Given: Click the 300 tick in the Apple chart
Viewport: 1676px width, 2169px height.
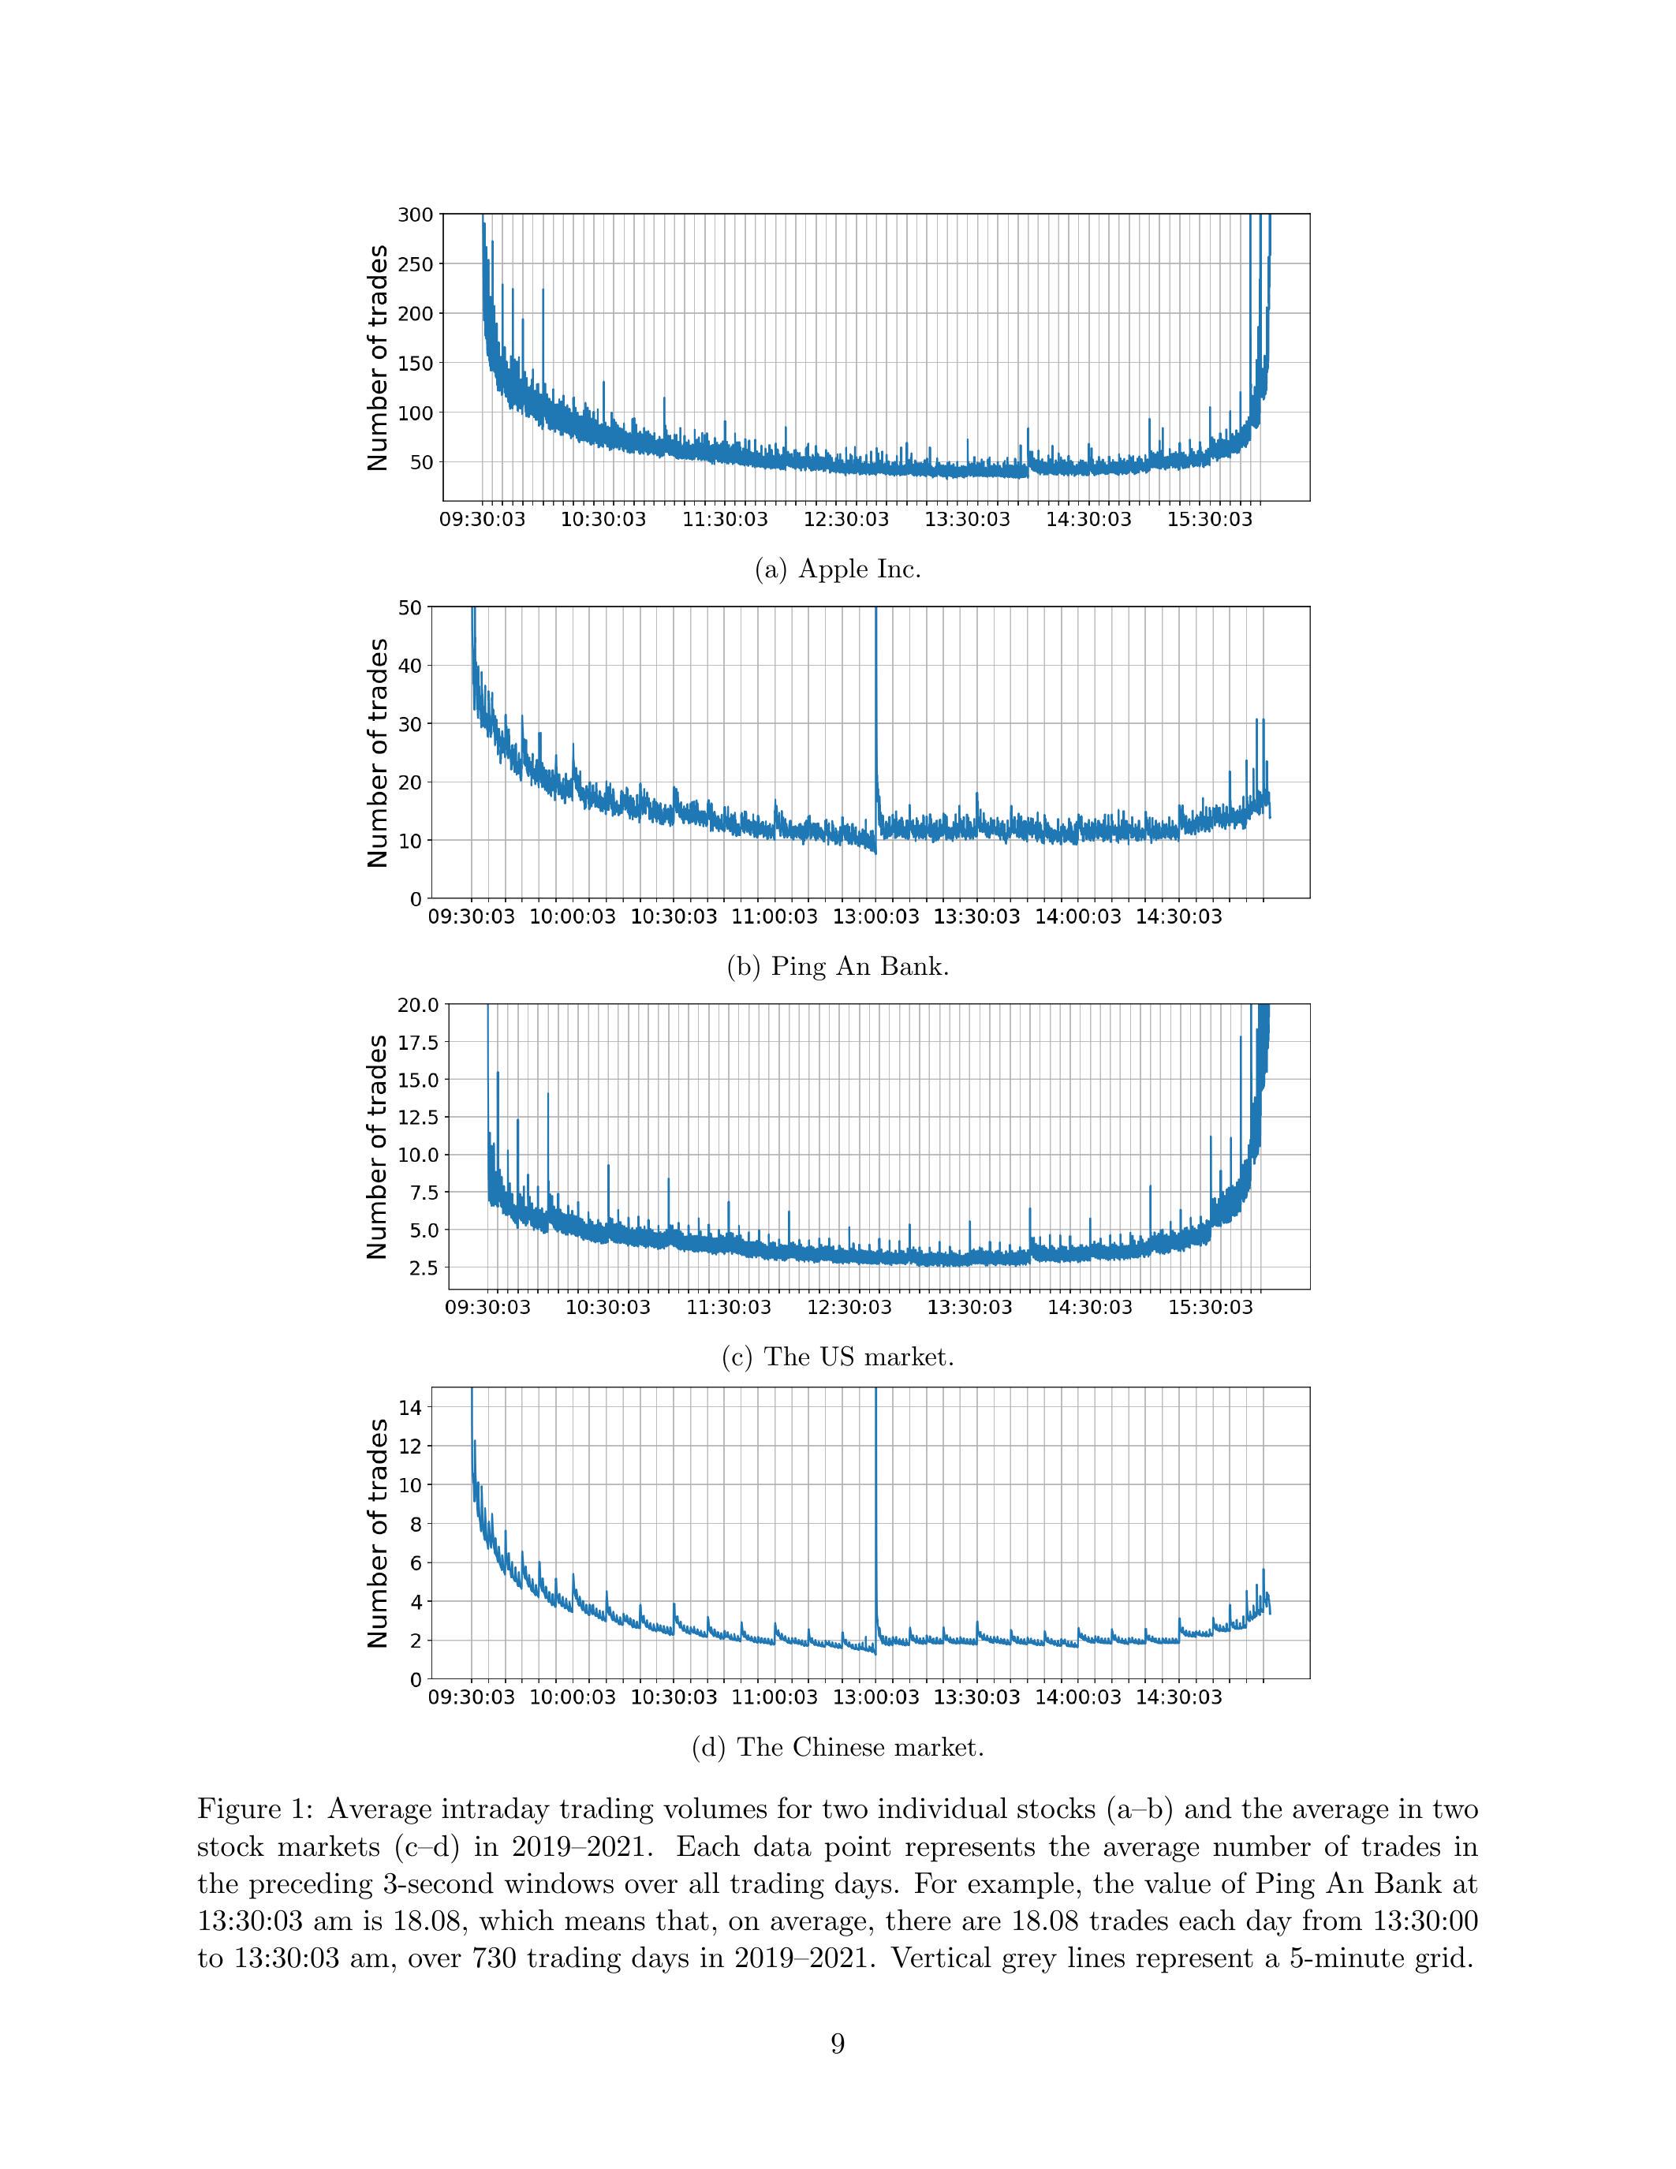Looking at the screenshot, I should [414, 215].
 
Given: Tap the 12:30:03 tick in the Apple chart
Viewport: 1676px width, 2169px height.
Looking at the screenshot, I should [847, 520].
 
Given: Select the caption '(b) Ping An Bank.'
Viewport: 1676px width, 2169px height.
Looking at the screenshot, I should [838, 966].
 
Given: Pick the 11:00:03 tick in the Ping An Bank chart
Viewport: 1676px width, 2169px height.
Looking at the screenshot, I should [775, 917].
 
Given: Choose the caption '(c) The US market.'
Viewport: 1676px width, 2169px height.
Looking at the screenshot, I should [838, 1357].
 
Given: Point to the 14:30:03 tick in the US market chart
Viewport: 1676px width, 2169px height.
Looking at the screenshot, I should [1089, 1307].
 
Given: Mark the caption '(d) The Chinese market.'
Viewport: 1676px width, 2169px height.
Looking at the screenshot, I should [838, 1747].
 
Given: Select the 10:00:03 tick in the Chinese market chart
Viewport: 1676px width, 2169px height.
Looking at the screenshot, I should [572, 1697].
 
